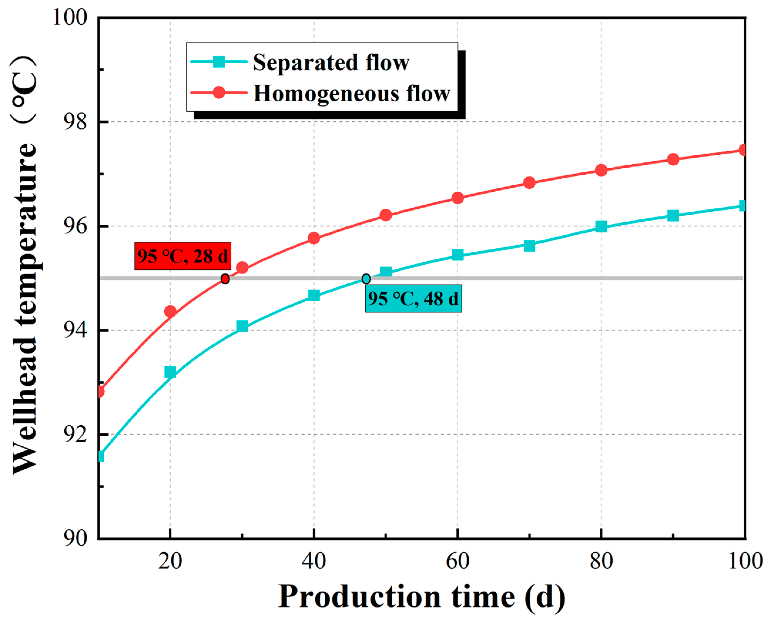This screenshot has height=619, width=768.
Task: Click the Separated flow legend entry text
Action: (x=331, y=63)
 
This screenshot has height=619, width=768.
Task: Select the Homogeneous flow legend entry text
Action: (x=351, y=94)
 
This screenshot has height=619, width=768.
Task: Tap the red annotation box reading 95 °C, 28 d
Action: (x=183, y=256)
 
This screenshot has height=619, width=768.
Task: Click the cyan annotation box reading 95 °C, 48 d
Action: (x=413, y=298)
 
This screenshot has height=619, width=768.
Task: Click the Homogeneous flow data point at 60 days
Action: (x=458, y=198)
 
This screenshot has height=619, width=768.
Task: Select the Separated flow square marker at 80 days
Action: (x=601, y=226)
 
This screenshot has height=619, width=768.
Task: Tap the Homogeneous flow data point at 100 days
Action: (x=743, y=150)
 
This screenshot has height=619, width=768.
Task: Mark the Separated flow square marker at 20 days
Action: (x=170, y=372)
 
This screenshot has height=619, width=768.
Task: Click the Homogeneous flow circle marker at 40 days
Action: (x=313, y=238)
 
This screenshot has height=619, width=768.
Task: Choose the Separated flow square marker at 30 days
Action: (x=242, y=326)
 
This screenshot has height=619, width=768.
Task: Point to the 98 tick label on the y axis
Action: (x=75, y=122)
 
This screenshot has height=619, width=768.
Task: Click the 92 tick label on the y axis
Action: (x=75, y=435)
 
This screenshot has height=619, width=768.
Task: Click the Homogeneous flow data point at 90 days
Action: (x=673, y=159)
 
